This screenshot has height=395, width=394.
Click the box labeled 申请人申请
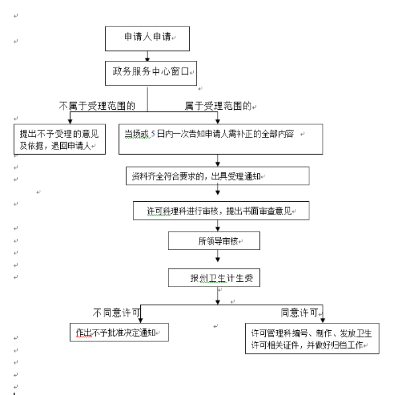click(x=147, y=38)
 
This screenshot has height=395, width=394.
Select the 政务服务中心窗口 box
click(x=151, y=73)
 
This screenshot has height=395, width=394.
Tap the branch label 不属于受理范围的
click(x=97, y=106)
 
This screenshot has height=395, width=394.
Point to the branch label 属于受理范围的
click(x=218, y=106)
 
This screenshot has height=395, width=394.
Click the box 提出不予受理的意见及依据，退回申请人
click(x=59, y=139)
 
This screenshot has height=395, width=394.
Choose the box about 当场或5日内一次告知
click(x=221, y=139)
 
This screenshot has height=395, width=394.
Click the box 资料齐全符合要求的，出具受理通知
click(x=217, y=176)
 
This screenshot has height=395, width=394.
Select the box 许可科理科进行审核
click(x=221, y=210)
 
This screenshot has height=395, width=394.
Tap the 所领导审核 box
click(x=214, y=241)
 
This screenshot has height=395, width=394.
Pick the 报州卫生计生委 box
click(x=214, y=278)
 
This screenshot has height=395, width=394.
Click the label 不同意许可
click(x=116, y=313)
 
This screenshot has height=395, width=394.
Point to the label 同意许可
click(x=299, y=313)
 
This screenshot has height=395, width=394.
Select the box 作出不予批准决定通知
click(x=119, y=332)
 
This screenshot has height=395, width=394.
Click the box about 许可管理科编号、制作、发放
click(x=312, y=338)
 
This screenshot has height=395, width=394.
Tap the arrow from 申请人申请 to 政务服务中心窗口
click(x=147, y=56)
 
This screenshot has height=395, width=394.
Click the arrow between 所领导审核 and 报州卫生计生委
click(x=217, y=256)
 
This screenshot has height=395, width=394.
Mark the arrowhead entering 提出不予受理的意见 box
click(x=70, y=122)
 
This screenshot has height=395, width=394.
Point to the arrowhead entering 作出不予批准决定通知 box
click(x=141, y=320)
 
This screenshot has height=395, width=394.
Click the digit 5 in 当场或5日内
click(x=153, y=134)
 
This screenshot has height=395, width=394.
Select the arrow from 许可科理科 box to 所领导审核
click(x=217, y=226)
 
